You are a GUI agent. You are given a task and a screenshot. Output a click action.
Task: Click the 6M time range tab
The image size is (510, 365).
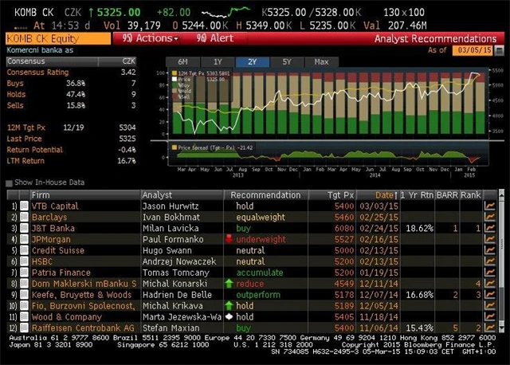(182, 62)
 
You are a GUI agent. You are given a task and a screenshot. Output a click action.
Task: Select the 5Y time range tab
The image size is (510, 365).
(286, 62)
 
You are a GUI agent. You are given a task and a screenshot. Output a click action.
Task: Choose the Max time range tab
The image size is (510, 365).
(321, 62)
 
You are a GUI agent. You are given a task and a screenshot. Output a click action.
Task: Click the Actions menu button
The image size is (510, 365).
(151, 38)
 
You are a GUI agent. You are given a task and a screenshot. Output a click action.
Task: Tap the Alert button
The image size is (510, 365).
(214, 38)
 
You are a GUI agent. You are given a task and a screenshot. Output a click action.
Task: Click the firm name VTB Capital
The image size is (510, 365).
(55, 206)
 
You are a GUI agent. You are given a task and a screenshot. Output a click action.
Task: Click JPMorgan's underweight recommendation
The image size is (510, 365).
(261, 239)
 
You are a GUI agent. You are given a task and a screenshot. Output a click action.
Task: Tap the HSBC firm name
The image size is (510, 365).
(42, 261)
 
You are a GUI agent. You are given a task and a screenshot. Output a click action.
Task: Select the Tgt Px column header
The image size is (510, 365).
(349, 194)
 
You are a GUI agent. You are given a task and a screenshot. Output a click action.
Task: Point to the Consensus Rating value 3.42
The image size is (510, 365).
(127, 72)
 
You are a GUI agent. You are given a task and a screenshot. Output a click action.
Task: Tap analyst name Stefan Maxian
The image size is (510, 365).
(167, 328)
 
